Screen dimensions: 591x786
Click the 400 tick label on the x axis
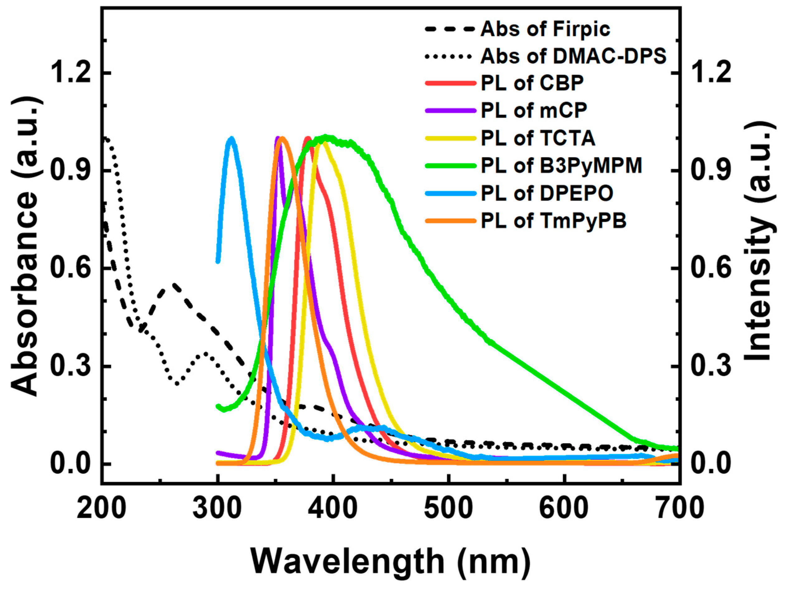pyautogui.click(x=333, y=509)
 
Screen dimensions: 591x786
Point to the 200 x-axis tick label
pyautogui.click(x=102, y=509)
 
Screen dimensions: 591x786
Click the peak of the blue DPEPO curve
pyautogui.click(x=232, y=139)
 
